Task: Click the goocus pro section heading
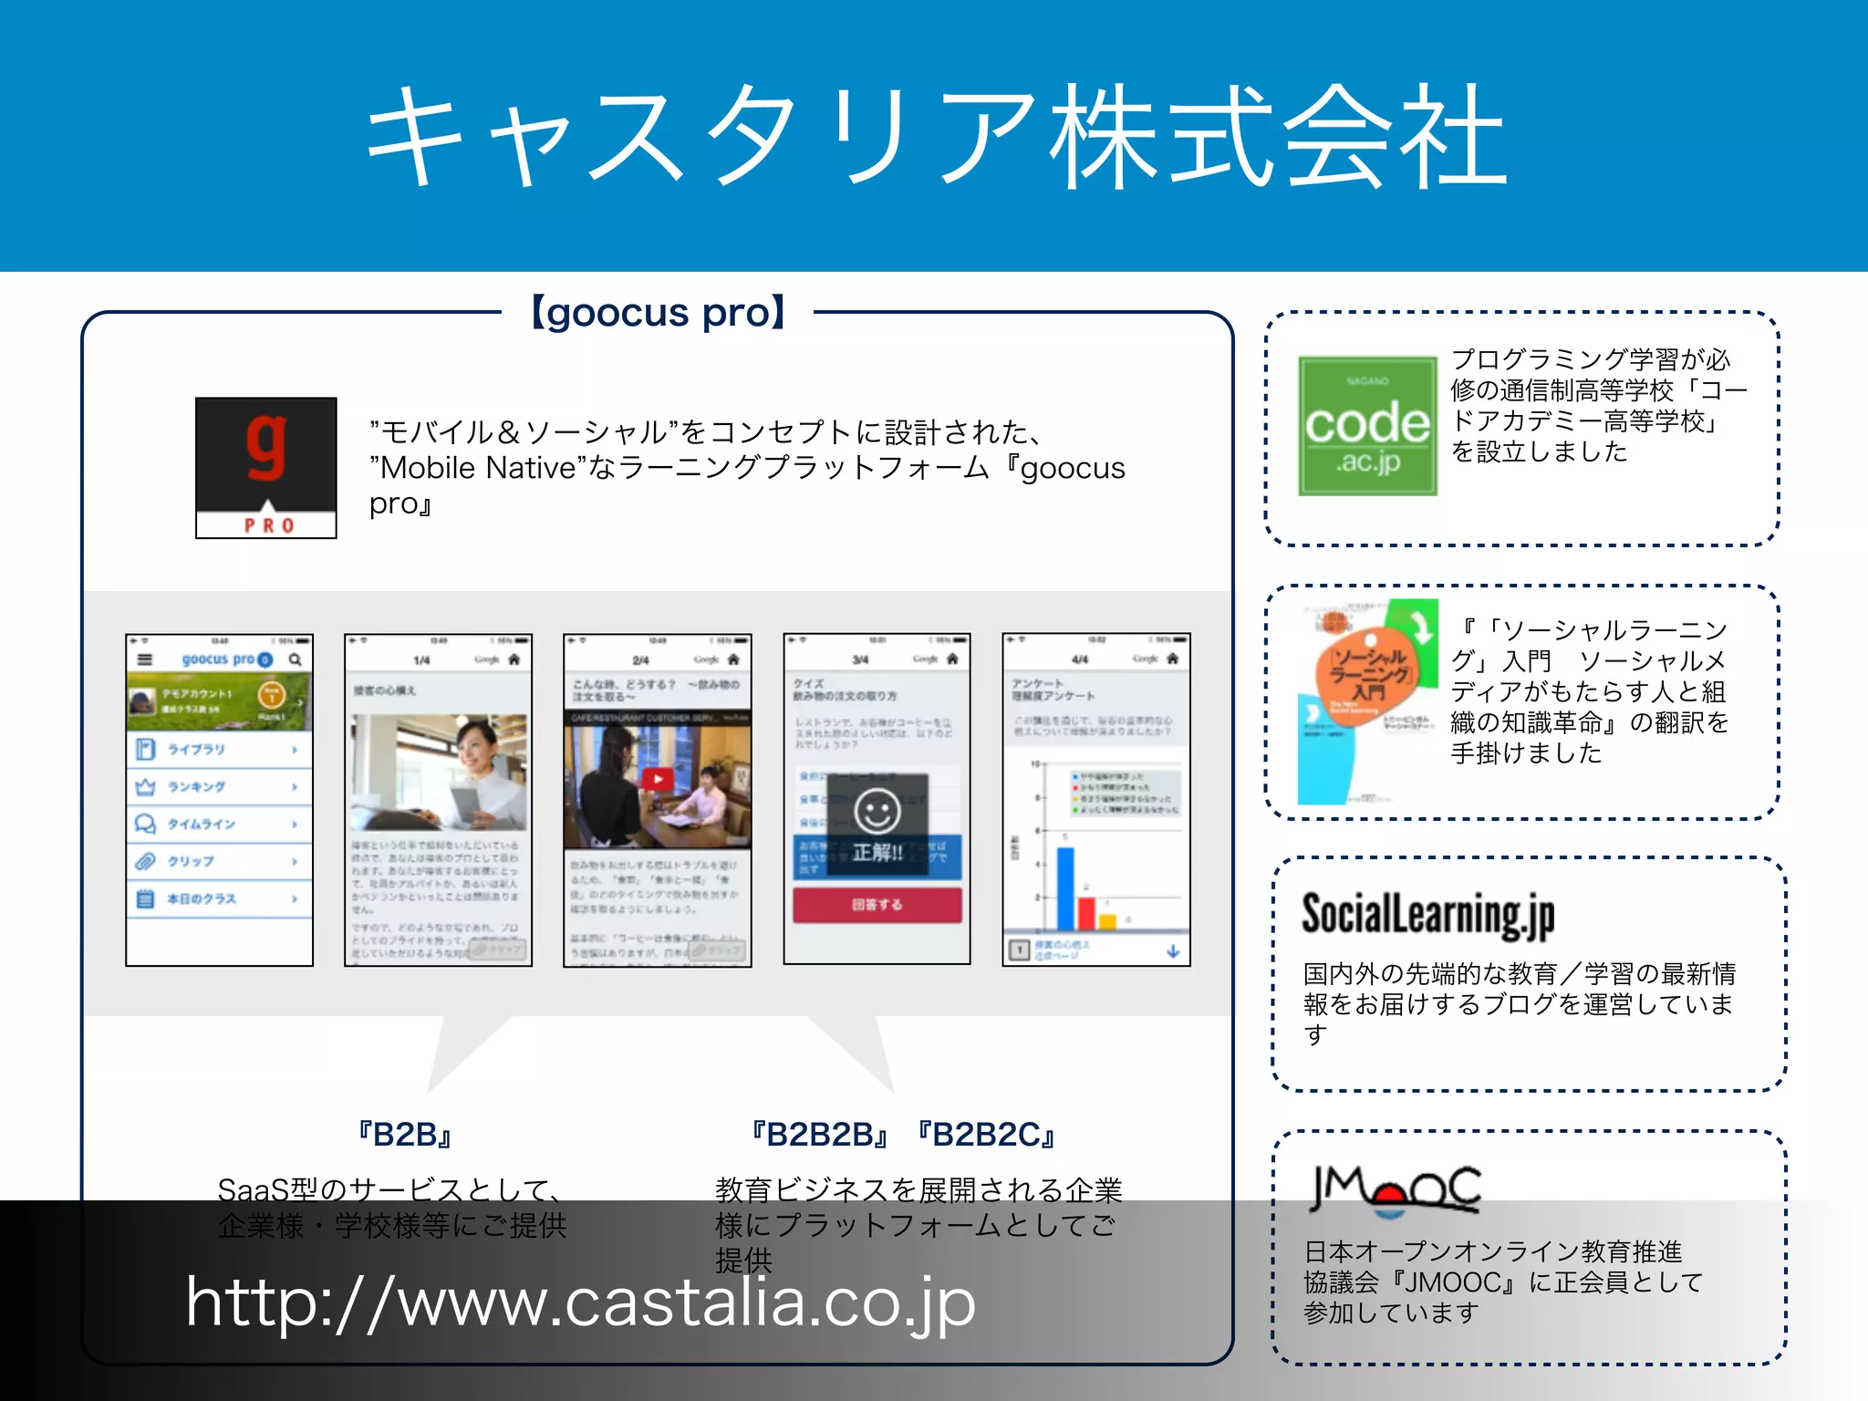[x=658, y=312]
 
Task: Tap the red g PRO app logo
[x=265, y=467]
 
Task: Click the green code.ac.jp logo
[x=1367, y=426]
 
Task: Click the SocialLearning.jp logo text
[x=1427, y=914]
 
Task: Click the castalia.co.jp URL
[x=580, y=1302]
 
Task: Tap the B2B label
[x=405, y=1135]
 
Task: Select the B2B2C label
[x=986, y=1135]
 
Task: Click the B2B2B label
[x=819, y=1135]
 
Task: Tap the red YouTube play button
[x=657, y=779]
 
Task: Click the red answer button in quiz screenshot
[x=877, y=905]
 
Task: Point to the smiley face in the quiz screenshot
[x=877, y=811]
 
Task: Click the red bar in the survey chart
[x=1086, y=912]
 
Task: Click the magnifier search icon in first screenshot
[x=296, y=659]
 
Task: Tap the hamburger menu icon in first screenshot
[x=145, y=659]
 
